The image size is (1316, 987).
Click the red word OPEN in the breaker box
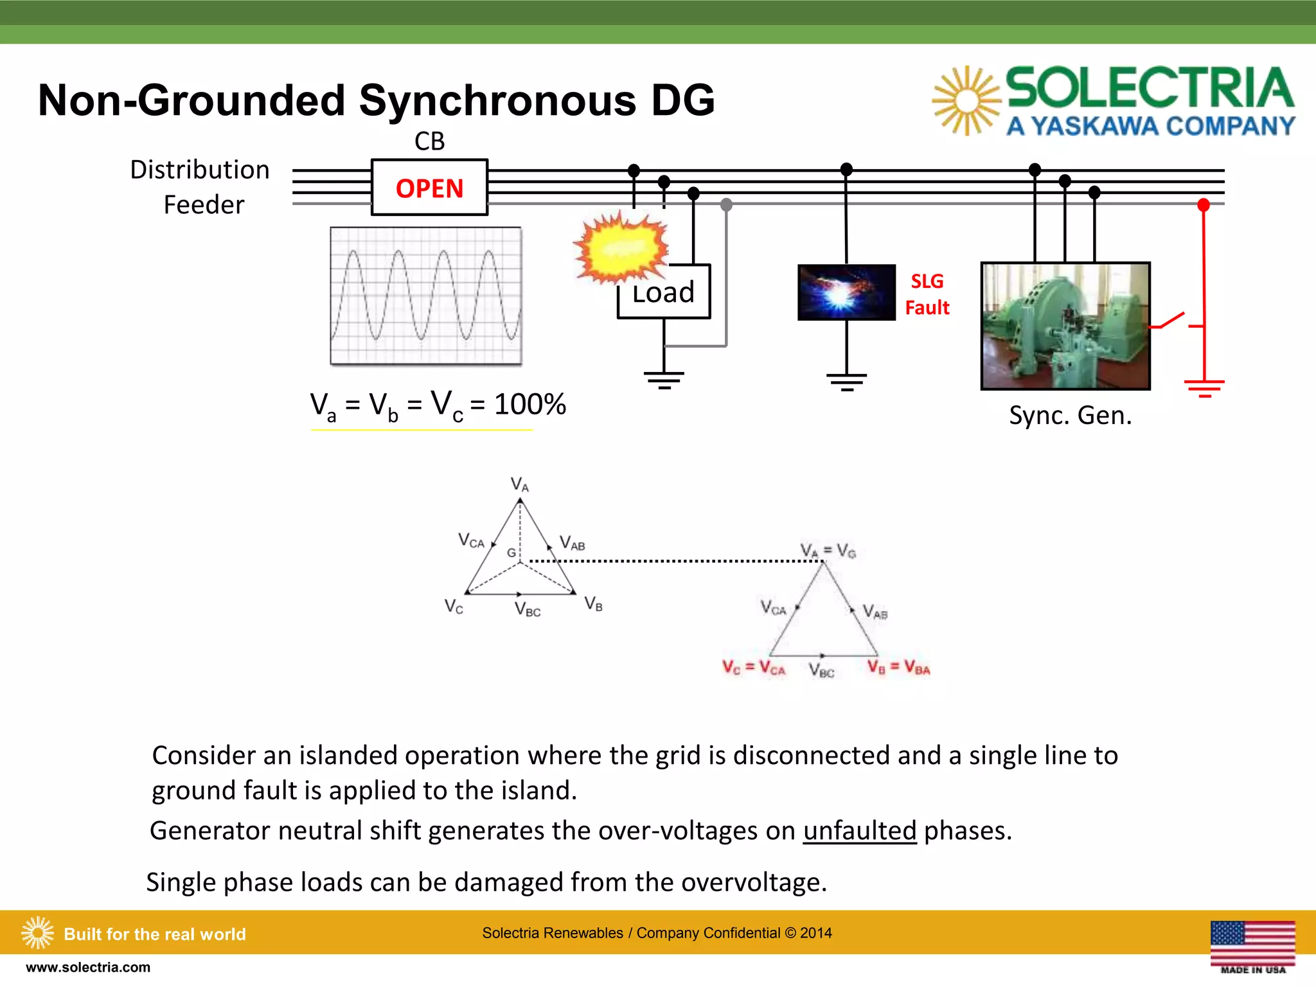(x=429, y=189)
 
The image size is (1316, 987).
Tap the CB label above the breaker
(x=429, y=141)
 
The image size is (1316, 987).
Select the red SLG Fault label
(x=927, y=294)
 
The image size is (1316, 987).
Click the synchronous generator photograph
(x=1065, y=326)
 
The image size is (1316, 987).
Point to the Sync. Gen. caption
(x=1070, y=416)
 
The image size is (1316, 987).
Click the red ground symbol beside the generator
(x=1204, y=387)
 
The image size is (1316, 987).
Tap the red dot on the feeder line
(x=1204, y=205)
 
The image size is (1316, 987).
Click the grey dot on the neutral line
(x=726, y=205)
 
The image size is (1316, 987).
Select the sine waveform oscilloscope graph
(x=426, y=296)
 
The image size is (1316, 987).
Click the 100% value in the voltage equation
(x=529, y=405)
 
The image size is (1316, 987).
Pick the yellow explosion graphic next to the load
(x=621, y=248)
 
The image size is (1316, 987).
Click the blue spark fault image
(x=846, y=292)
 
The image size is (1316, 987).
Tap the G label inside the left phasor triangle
(x=511, y=553)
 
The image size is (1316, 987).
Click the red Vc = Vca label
(x=753, y=668)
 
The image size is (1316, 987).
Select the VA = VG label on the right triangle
(x=828, y=551)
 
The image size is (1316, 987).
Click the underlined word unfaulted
(x=859, y=831)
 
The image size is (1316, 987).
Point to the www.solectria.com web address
(x=88, y=968)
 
